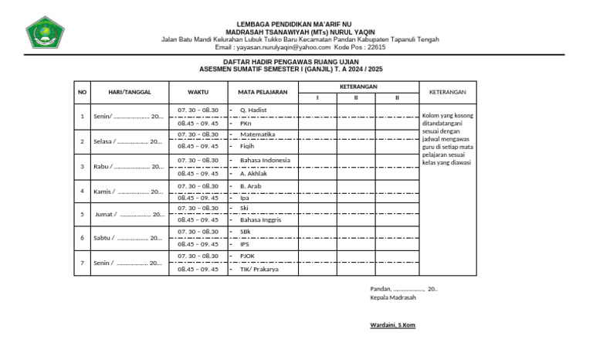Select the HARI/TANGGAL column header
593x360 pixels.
point(129,92)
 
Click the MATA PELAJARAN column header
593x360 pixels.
point(263,92)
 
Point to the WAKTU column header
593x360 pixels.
point(198,92)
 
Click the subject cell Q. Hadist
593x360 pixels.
point(253,110)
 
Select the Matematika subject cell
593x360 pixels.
point(257,134)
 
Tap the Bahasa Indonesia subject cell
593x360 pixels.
point(265,161)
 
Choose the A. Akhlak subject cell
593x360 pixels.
point(254,174)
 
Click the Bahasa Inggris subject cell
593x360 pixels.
point(260,220)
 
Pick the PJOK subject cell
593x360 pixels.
point(247,256)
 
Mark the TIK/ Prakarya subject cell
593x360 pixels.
point(259,270)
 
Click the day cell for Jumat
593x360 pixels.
point(128,214)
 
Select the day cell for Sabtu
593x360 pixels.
point(128,238)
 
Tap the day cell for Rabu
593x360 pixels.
point(128,167)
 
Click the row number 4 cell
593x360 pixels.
point(82,191)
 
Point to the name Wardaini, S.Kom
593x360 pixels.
point(393,325)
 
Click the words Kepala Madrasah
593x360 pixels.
point(393,297)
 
